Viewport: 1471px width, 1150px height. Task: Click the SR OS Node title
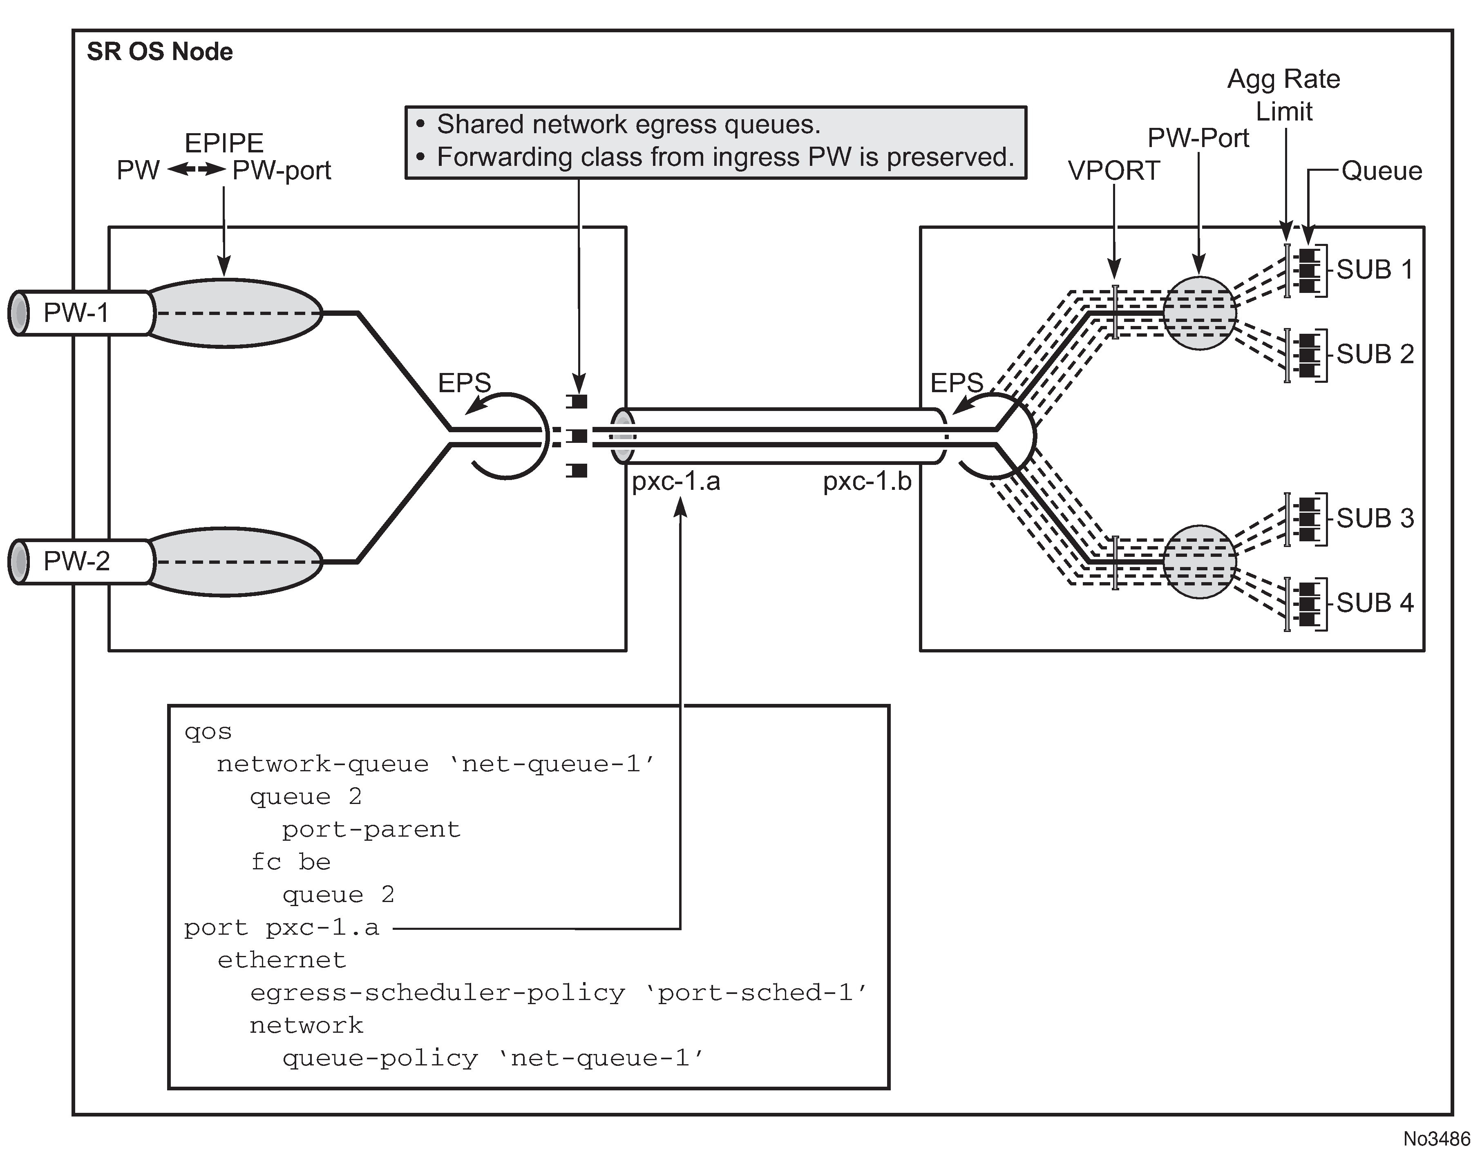point(160,52)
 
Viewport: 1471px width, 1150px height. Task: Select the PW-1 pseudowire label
point(76,313)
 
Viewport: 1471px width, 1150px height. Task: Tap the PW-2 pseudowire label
point(76,561)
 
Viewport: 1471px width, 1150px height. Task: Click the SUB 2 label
point(1375,354)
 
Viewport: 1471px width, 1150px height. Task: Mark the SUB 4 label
point(1375,603)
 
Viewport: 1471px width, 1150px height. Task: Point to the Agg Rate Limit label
point(1284,95)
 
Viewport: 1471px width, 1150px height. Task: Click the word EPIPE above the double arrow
point(224,143)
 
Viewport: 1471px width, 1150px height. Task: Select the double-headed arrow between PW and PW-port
point(196,170)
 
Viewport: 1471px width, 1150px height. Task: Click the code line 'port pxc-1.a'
point(282,928)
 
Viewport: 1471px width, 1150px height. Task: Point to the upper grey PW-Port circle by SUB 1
point(1200,313)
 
